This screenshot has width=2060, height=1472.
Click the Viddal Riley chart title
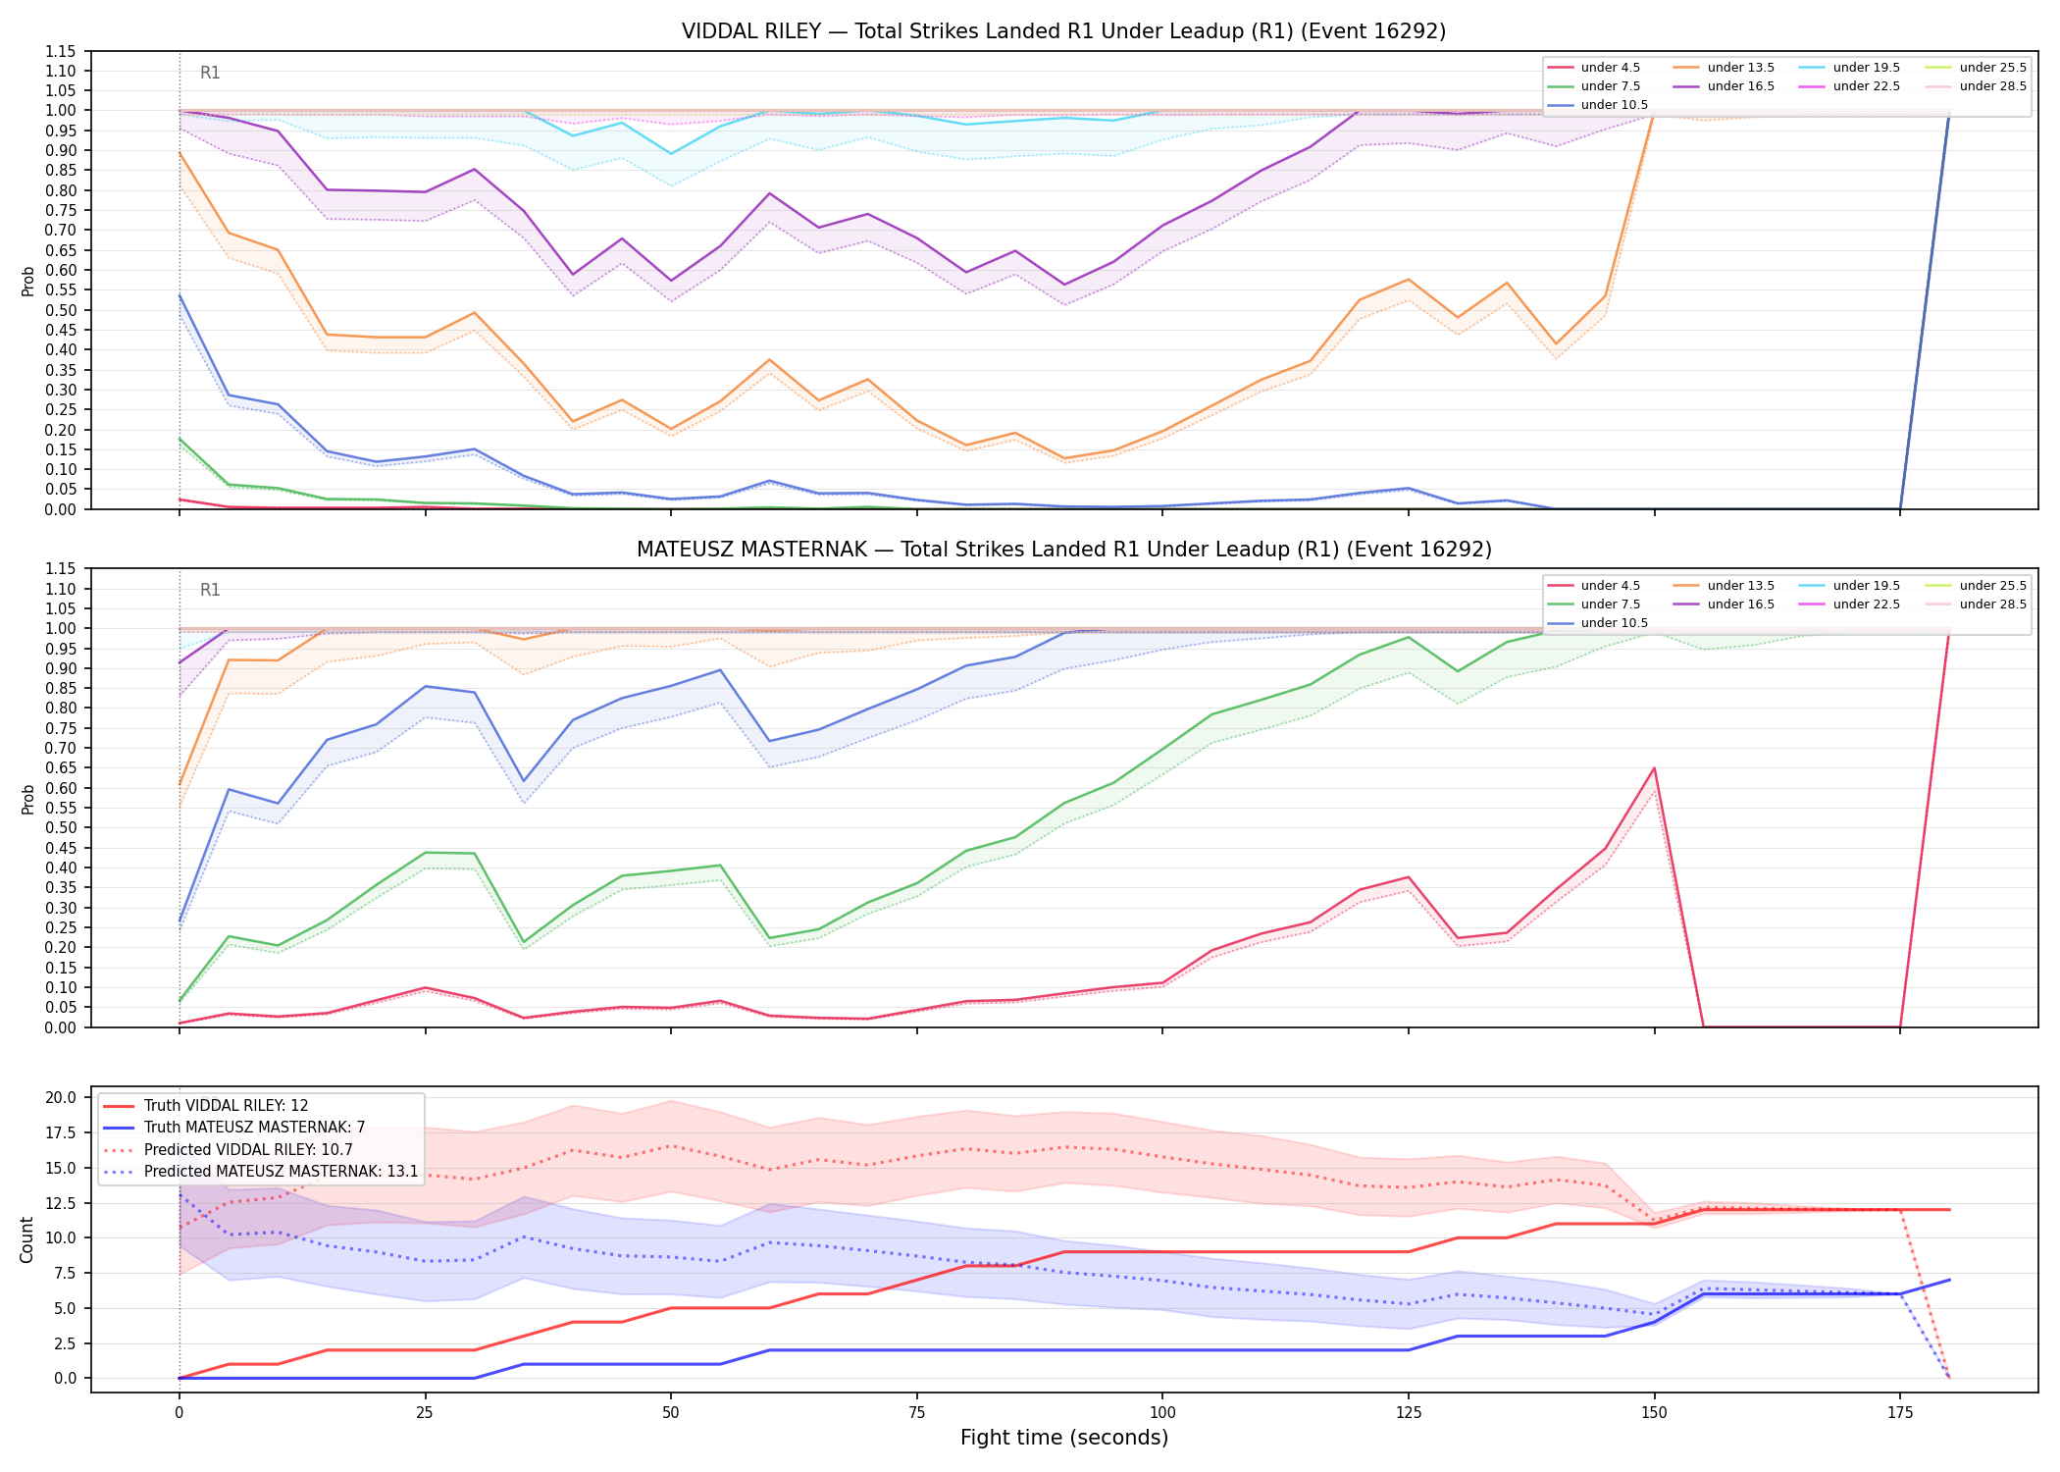(1063, 31)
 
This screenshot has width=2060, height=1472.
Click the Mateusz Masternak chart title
(1063, 550)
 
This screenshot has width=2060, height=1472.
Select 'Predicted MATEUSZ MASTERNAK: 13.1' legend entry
(261, 1172)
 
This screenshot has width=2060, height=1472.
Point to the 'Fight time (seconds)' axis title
(1064, 1438)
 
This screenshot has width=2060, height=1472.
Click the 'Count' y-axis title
(26, 1239)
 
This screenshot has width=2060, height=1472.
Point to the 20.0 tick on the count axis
(63, 1097)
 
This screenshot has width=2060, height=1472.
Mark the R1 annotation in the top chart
(210, 73)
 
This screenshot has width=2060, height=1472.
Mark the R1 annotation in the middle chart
(210, 590)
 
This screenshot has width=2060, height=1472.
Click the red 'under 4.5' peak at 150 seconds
(1654, 767)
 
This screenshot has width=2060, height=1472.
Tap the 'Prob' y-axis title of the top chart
(27, 281)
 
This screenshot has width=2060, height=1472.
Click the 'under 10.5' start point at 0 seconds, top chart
(180, 295)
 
